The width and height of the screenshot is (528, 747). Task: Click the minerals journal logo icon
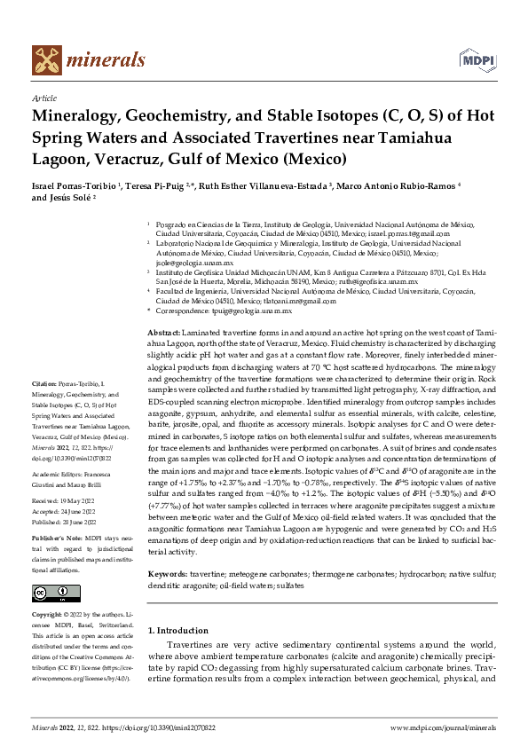point(47,59)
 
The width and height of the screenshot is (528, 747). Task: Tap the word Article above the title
point(44,98)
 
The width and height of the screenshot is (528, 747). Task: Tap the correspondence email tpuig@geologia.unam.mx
point(238,311)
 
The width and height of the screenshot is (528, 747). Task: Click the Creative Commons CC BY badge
point(56,593)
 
